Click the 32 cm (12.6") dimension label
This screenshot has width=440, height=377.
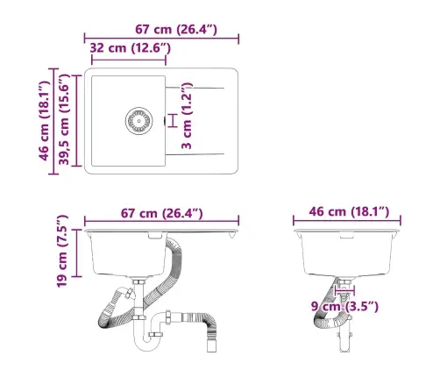point(129,48)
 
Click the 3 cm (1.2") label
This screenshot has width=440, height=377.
point(186,118)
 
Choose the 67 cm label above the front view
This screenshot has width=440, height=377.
point(162,213)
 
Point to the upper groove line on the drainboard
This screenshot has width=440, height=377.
point(200,87)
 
